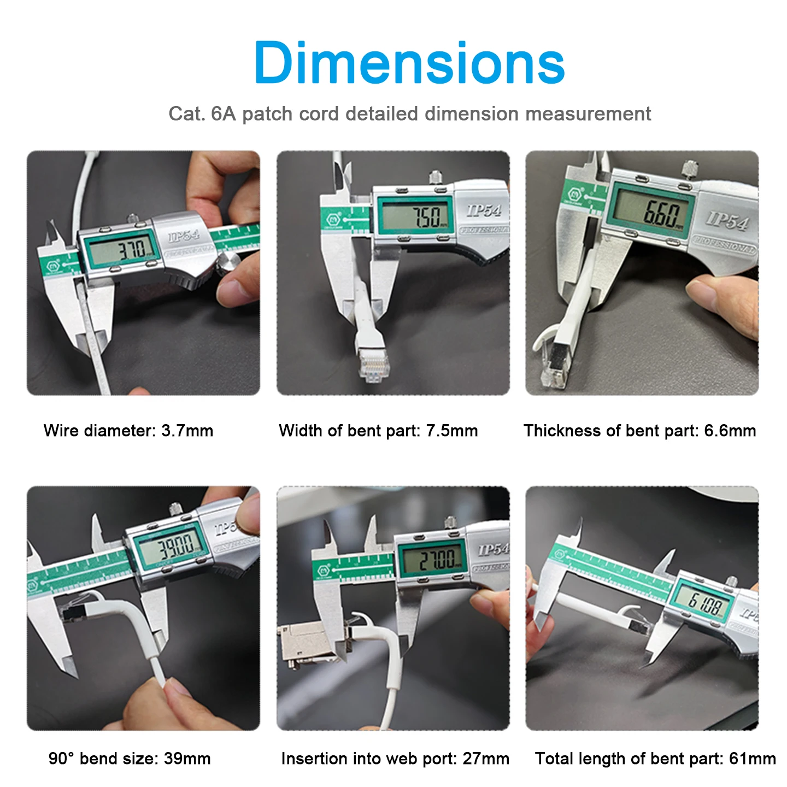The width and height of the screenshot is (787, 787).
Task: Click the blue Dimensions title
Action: click(409, 63)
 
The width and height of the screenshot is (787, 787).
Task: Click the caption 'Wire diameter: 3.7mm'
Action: click(128, 431)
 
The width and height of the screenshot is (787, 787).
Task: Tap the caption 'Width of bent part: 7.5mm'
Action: click(378, 431)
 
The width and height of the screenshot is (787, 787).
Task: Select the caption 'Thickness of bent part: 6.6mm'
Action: click(639, 431)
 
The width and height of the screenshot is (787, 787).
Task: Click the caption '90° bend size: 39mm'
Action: click(130, 759)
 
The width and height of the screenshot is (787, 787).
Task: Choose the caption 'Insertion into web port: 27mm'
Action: click(395, 759)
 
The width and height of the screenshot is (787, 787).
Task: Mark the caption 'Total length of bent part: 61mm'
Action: click(655, 759)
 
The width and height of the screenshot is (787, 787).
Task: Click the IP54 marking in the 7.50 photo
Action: click(484, 210)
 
